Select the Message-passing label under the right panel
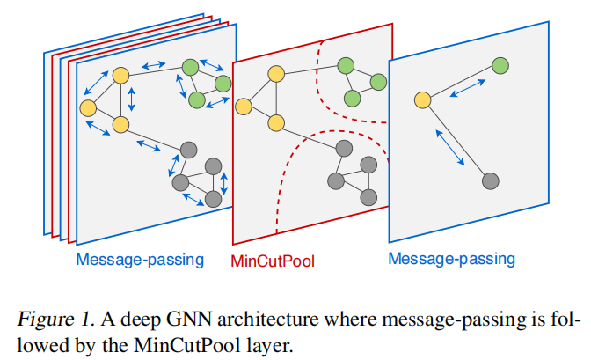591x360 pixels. [451, 259]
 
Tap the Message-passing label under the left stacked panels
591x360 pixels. [140, 259]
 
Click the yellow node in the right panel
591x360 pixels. [422, 100]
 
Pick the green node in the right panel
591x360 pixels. [500, 65]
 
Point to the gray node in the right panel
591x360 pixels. [492, 181]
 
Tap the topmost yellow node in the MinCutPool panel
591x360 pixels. [275, 74]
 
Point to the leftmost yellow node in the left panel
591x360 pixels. [87, 108]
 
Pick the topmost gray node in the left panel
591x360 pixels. [186, 150]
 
